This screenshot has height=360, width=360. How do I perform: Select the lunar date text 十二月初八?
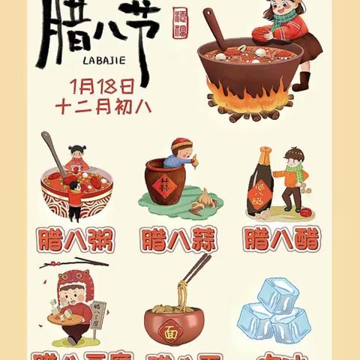click(x=103, y=106)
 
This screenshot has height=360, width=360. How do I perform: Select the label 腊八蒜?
click(x=178, y=240)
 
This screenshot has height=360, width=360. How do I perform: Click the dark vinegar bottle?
click(x=260, y=182)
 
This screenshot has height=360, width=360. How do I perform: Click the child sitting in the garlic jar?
click(x=180, y=151)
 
